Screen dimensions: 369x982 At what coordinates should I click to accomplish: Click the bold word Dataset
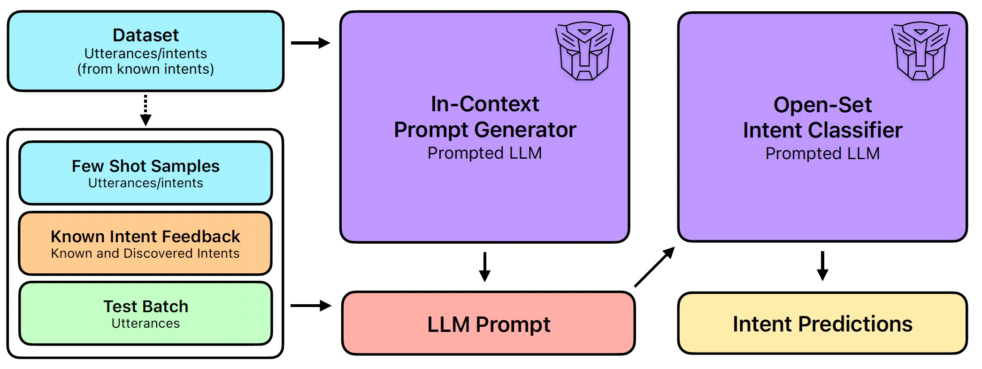[x=146, y=35]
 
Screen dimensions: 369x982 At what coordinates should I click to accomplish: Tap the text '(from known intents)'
[x=146, y=69]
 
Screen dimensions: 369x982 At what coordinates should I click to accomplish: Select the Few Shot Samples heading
[x=146, y=166]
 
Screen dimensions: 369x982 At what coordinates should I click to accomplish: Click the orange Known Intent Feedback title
[x=146, y=236]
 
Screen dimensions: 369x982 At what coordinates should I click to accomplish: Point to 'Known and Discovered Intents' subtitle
[x=146, y=254]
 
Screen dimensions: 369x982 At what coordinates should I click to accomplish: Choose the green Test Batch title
[x=146, y=306]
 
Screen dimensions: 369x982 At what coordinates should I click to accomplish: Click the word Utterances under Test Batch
[x=146, y=323]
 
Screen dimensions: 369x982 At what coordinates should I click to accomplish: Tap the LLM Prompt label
[x=489, y=324]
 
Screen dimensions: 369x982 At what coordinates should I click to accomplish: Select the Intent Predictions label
[x=822, y=324]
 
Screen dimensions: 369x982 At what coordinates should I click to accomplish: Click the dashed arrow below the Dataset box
[x=146, y=110]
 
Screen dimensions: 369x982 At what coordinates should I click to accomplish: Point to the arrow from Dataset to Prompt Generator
[x=310, y=43]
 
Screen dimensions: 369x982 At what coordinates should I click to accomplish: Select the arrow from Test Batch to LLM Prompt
[x=310, y=306]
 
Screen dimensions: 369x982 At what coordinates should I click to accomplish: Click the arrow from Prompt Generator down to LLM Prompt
[x=485, y=267]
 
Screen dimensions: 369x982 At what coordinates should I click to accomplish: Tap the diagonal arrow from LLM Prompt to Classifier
[x=654, y=267]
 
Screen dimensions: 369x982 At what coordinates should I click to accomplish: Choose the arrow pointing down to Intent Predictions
[x=822, y=266]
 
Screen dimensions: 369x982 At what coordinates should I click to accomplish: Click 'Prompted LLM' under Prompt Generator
[x=484, y=153]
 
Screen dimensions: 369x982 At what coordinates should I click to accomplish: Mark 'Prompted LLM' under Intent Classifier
[x=822, y=154]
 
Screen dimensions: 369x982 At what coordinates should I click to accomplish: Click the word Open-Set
[x=822, y=105]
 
